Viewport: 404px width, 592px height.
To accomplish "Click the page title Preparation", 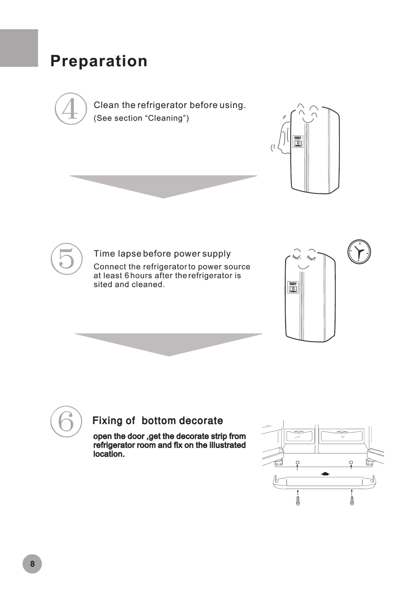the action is (x=99, y=61).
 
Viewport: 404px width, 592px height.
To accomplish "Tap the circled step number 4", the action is (x=71, y=109).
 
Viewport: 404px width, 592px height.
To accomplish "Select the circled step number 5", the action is (x=67, y=259).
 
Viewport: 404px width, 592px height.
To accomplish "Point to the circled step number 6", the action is (x=66, y=421).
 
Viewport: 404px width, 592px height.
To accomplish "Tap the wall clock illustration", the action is (x=359, y=252).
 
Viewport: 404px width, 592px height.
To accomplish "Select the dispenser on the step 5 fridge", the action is (x=293, y=287).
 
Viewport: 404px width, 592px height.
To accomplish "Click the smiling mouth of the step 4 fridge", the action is (x=308, y=120).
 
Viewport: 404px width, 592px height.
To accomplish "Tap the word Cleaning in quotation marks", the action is (x=165, y=118).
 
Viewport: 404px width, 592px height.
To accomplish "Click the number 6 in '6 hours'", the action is (x=126, y=276).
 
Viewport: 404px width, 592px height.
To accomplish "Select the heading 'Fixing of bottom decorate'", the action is (x=158, y=420).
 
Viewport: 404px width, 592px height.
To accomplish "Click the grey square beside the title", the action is (x=19, y=48).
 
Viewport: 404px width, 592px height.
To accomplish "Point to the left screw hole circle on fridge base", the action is (x=298, y=463).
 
